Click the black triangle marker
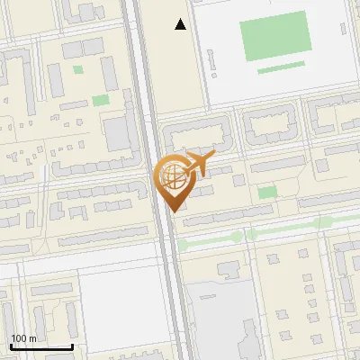tap(181, 24)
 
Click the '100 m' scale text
tap(23, 338)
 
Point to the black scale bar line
tap(40, 346)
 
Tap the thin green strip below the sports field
tap(281, 67)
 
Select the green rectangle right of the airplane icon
tap(267, 193)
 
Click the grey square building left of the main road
tap(117, 134)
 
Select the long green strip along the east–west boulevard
tap(261, 233)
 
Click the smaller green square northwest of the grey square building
tap(78, 69)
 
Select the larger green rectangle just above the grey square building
tap(100, 100)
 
